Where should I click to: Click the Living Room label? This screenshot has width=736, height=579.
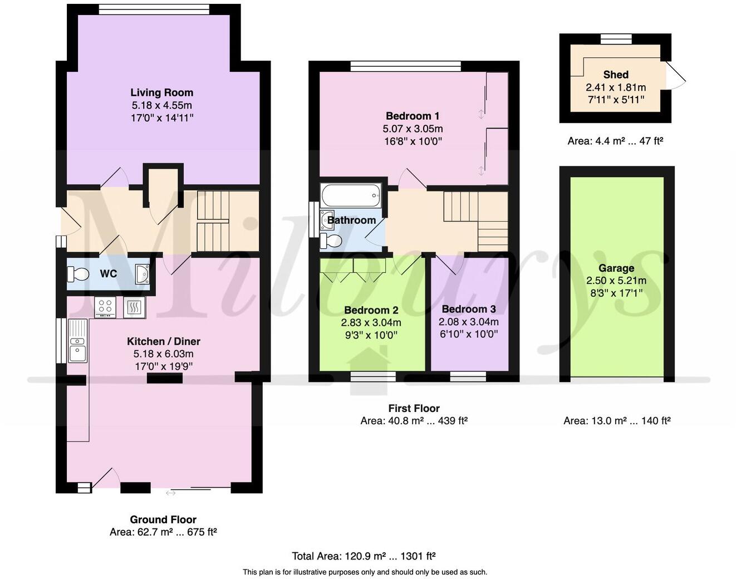point(161,92)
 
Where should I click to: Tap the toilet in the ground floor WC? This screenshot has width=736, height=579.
point(78,274)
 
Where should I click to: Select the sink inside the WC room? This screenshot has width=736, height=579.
point(142,274)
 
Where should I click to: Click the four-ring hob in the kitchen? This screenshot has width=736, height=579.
point(105,307)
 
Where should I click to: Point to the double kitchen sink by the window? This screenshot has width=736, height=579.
point(77,341)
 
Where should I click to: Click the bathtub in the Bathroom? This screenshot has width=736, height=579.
point(351,195)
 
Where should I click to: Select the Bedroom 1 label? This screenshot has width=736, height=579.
point(413,116)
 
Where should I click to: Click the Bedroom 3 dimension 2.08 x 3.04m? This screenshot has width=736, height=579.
point(468,322)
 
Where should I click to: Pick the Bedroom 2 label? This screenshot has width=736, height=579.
point(371,310)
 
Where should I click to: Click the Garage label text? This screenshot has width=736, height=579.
point(616,268)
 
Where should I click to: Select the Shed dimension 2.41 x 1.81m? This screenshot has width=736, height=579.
point(616,87)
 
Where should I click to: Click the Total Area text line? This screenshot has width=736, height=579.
point(364,556)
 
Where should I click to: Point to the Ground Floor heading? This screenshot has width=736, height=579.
point(163,519)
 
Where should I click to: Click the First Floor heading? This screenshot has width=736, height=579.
point(414,408)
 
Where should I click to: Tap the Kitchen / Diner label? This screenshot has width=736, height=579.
point(163,341)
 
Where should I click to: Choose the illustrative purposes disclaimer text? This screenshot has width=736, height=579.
point(365,572)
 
